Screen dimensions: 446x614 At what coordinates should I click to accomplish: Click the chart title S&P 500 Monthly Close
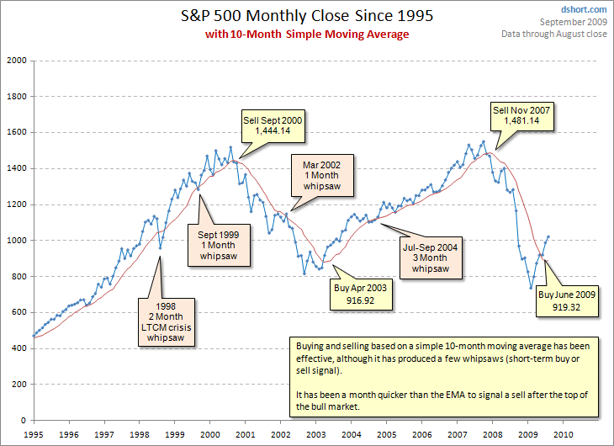click(x=307, y=16)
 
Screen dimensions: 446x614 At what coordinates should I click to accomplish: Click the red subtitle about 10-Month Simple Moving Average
click(x=307, y=34)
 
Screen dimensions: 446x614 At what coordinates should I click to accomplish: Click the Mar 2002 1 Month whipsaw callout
click(x=322, y=176)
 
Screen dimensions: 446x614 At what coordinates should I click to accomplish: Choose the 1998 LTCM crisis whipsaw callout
click(x=167, y=321)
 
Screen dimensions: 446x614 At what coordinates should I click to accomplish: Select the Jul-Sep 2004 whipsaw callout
click(x=431, y=258)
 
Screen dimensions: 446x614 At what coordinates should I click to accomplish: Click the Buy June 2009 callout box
click(x=567, y=301)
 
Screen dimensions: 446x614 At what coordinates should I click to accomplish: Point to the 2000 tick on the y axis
click(x=15, y=61)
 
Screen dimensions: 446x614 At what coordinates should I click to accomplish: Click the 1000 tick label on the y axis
click(x=15, y=241)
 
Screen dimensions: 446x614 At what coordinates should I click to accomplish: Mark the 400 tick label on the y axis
click(x=19, y=348)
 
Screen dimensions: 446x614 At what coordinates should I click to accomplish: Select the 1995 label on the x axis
click(x=34, y=434)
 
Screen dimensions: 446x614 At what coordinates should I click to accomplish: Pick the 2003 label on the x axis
click(x=315, y=434)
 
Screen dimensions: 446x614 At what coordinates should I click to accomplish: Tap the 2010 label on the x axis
click(x=562, y=434)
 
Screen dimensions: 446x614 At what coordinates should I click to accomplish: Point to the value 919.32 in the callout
click(x=567, y=308)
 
